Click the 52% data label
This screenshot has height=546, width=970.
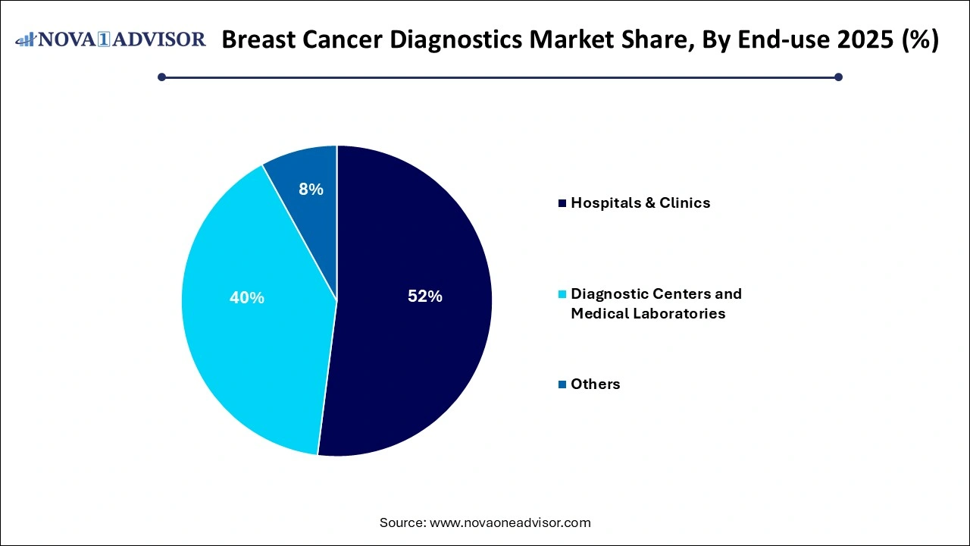[424, 297]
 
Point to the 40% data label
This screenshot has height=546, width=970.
[247, 298]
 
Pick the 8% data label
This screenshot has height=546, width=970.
[311, 190]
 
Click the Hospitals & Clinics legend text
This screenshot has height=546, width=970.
[640, 202]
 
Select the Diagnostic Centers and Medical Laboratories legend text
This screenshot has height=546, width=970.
[656, 303]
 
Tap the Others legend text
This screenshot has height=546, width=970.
[595, 384]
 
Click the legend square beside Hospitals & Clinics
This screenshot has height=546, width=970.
[562, 203]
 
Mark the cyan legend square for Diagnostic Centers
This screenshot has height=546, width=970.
[562, 294]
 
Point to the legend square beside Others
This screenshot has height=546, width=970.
[562, 384]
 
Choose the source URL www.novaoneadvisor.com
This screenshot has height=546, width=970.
[510, 522]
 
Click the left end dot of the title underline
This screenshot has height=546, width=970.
[161, 77]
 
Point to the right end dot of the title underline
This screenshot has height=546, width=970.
[838, 77]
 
